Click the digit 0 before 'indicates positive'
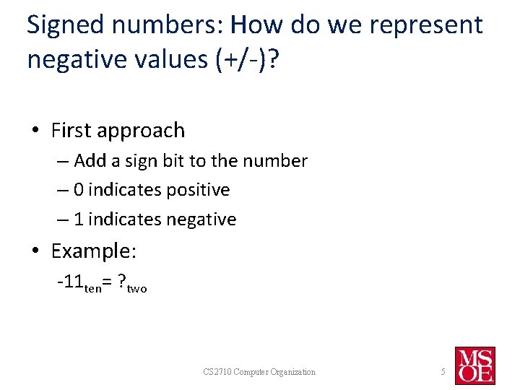click(x=79, y=190)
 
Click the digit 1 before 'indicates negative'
click(x=79, y=219)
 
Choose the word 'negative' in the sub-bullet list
click(x=201, y=219)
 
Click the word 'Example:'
click(x=94, y=251)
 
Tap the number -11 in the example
click(x=71, y=282)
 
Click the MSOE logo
click(x=474, y=365)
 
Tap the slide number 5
click(x=443, y=372)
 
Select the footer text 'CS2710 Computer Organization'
click(x=259, y=372)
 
